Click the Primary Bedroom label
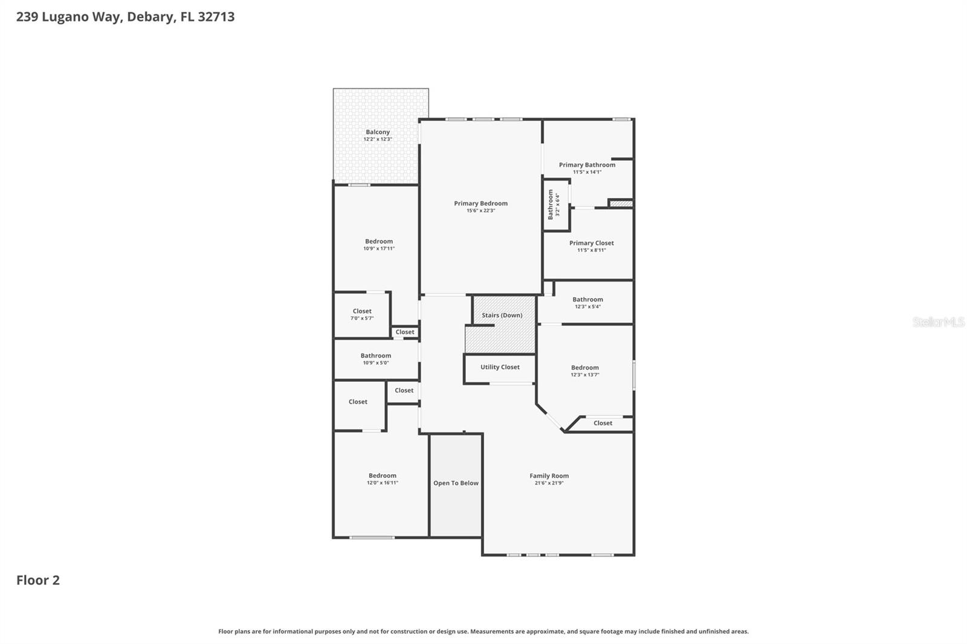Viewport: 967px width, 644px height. coord(480,204)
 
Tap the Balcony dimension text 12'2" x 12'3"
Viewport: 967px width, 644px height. coord(378,140)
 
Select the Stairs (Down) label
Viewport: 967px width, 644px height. coord(502,315)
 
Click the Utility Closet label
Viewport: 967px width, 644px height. coord(500,367)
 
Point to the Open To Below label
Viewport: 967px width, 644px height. coord(456,483)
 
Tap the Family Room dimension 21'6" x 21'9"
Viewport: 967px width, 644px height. coord(549,483)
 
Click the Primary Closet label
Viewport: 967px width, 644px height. coord(591,243)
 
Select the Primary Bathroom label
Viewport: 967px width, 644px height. coord(587,165)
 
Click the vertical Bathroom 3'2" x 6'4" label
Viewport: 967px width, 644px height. coord(551,205)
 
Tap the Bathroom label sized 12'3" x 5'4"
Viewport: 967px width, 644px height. coord(587,300)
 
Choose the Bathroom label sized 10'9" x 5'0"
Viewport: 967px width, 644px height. coord(375,356)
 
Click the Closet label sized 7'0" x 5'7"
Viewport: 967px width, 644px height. coord(362,312)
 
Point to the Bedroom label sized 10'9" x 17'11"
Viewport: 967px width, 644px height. coord(379,242)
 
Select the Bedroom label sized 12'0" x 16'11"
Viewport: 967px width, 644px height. coord(383,476)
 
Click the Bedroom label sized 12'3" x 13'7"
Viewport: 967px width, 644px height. coord(585,368)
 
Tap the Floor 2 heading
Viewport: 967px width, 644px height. coord(38,581)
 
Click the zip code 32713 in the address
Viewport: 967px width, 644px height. coord(216,17)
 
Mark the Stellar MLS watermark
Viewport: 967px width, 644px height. coord(938,322)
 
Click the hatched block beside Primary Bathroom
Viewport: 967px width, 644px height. coord(621,204)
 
